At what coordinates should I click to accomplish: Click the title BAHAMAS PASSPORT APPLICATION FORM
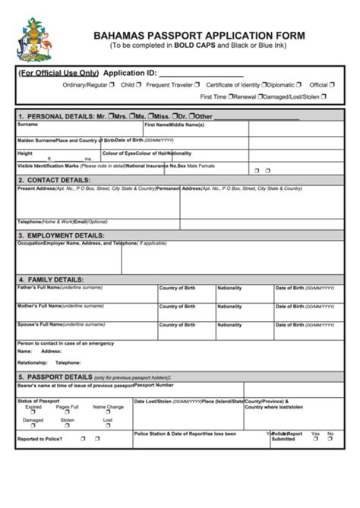click(x=199, y=35)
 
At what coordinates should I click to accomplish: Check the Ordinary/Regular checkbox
click(x=112, y=85)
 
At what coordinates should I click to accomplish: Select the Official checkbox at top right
click(x=333, y=85)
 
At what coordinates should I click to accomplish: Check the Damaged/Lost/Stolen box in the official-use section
click(x=324, y=96)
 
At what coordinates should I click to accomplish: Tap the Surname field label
click(x=27, y=125)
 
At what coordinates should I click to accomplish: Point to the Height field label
click(x=25, y=153)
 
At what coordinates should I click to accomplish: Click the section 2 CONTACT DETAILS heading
click(x=56, y=180)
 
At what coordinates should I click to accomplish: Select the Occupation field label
click(x=30, y=243)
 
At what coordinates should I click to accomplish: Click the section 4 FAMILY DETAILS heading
click(x=50, y=279)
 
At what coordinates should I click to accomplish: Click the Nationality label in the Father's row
click(x=229, y=288)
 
